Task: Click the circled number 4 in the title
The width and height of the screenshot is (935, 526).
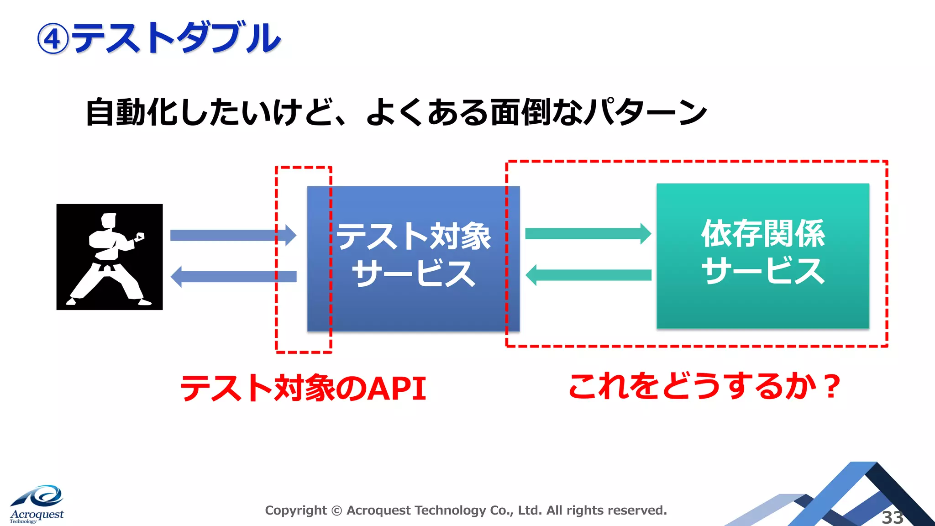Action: pos(53,39)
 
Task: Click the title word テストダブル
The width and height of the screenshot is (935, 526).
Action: pos(176,38)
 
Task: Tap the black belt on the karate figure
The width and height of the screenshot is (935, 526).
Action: pos(108,265)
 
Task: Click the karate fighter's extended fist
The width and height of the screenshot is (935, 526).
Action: pos(140,237)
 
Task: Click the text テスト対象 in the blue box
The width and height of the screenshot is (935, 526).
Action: pos(413,237)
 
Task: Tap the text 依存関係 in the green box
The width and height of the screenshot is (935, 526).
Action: pos(763,234)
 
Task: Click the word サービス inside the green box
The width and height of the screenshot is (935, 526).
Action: pos(763,270)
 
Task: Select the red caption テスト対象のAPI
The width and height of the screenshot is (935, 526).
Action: pos(304,388)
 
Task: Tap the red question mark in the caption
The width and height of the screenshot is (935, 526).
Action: pos(832,386)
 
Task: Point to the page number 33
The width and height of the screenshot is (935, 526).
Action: pos(892,517)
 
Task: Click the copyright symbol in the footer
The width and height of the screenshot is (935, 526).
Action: pos(336,510)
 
